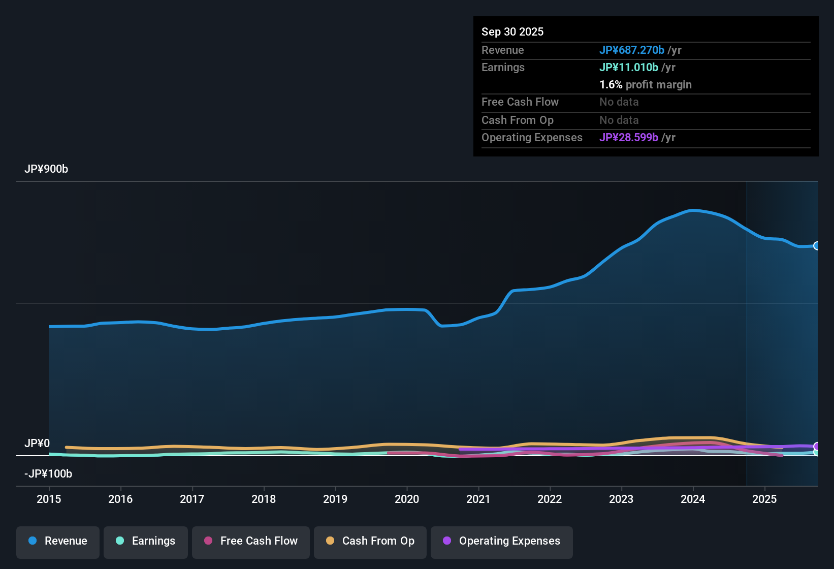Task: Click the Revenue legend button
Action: [58, 541]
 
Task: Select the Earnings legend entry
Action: [146, 541]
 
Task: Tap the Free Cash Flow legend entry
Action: [251, 541]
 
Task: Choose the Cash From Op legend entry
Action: [370, 541]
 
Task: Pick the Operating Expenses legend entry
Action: [502, 541]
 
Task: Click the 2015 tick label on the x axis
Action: [49, 499]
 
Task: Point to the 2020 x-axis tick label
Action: [407, 499]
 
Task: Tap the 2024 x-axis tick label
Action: [693, 499]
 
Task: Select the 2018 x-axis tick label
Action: [264, 499]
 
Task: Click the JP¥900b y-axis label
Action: [46, 169]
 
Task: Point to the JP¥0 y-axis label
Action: [37, 444]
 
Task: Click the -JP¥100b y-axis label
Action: [48, 474]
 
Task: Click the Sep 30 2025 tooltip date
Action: [512, 32]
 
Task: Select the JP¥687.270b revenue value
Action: [631, 50]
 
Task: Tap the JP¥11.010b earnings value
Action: [628, 68]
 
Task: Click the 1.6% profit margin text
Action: [645, 85]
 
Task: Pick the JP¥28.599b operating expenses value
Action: [628, 138]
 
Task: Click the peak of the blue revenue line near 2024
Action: [693, 210]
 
